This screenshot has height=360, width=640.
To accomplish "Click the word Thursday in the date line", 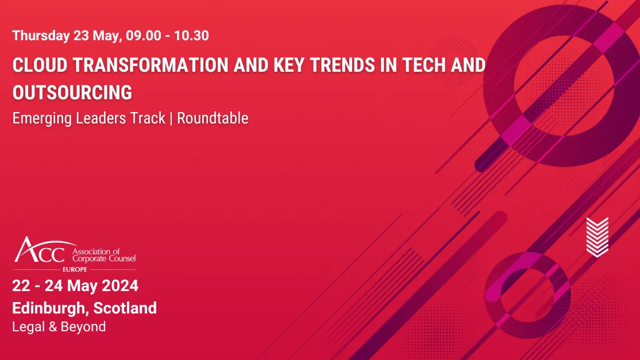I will [x=40, y=36].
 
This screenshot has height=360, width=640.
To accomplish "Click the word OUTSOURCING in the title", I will [x=72, y=92].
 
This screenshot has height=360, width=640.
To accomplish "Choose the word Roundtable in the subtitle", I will [x=213, y=118].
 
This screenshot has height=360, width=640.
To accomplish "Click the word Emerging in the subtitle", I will [x=40, y=118].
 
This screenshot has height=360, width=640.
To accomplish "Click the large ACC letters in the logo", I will [x=40, y=250].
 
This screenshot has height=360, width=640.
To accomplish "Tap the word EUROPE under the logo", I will [x=75, y=269].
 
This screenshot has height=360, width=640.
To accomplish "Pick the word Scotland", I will [x=125, y=308].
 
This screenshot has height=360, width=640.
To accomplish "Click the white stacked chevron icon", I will [x=597, y=236].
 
